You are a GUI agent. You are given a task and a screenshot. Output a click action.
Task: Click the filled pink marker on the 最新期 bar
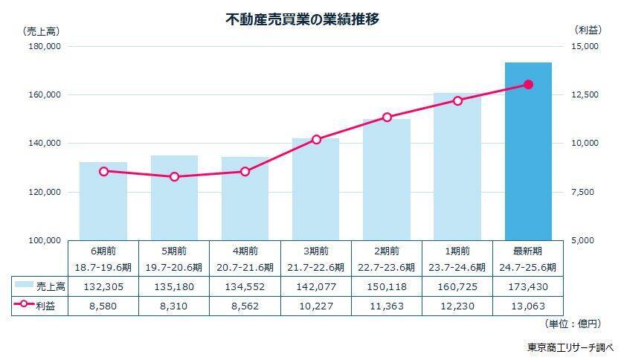coord(528,85)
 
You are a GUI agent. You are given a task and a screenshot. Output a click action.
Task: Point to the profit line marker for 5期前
coord(175,177)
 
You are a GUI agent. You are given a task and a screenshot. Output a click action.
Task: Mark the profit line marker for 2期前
coord(387,117)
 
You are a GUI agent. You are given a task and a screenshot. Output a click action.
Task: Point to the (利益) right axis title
coord(593,30)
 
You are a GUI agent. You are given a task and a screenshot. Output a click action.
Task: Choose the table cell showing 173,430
coord(528,285)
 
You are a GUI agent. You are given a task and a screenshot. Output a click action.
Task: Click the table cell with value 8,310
coord(175,305)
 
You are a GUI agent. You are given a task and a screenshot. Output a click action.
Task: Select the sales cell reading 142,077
coord(316,285)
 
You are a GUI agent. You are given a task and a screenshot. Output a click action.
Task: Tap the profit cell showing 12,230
coord(457,305)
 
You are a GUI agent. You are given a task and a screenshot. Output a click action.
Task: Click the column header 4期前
coord(245,251)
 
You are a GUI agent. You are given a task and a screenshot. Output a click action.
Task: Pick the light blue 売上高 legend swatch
coord(25,285)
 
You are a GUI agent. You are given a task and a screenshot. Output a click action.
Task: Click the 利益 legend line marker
coord(25,305)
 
